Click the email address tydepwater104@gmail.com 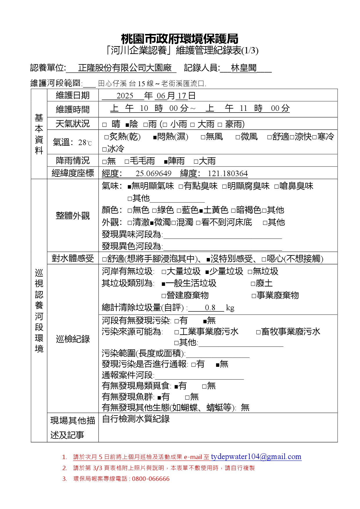pos(256,456)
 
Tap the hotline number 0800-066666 pos(151,479)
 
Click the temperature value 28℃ pos(85,142)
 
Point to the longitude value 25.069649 pos(153,174)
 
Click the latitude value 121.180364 pos(228,174)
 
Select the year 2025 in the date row pos(125,96)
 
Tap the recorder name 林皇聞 pos(244,68)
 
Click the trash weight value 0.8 pos(210,308)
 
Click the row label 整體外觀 pos(73,216)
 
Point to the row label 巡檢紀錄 pos(73,339)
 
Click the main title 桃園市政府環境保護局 pos(179,39)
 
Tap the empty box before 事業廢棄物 pos(254,296)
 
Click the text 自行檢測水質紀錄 pos(136,419)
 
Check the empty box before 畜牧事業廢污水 pos(258,332)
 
